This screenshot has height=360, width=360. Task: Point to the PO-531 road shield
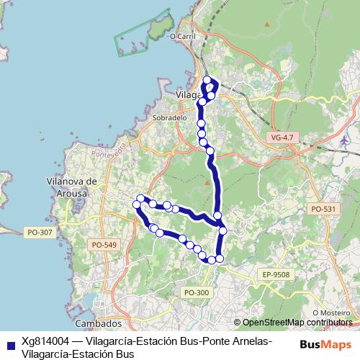[323, 208]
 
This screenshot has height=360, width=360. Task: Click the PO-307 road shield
[38, 232]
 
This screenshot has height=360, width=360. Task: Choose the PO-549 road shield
[104, 245]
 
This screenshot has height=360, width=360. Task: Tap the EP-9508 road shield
[276, 274]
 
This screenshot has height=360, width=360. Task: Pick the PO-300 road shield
[196, 292]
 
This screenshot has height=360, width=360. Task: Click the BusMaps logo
[325, 343]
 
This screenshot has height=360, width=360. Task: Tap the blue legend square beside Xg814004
[10, 344]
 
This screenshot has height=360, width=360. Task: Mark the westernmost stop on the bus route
[136, 205]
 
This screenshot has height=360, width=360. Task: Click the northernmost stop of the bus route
[207, 80]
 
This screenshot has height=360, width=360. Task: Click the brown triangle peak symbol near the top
[266, 23]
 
